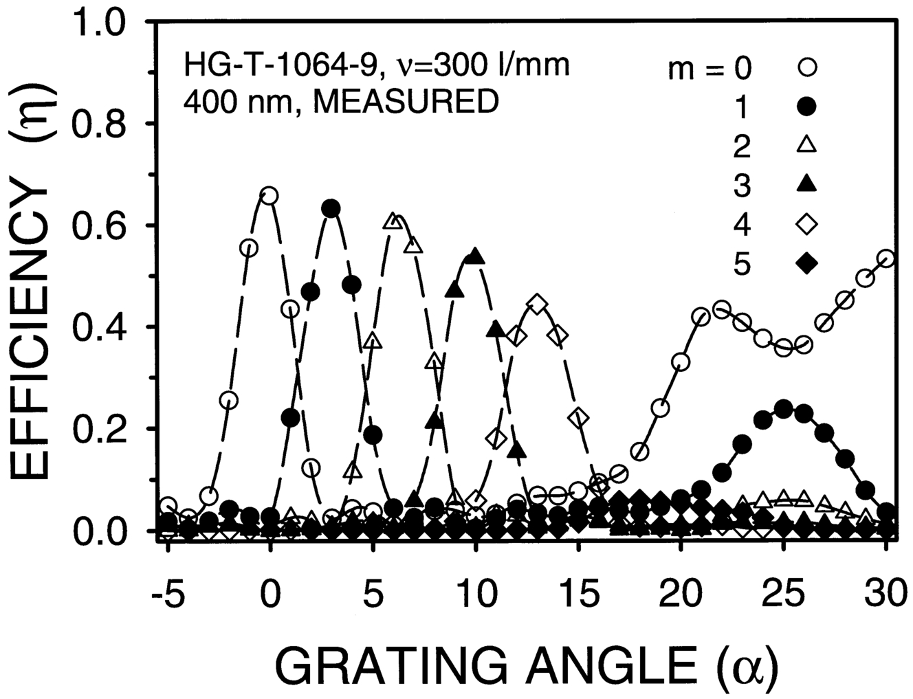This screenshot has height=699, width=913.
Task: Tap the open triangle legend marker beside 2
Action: tap(808, 145)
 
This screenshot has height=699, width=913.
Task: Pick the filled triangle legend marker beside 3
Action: tap(808, 184)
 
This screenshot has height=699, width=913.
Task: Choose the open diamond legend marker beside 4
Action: tap(808, 223)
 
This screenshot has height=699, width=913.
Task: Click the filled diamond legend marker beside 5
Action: tap(808, 263)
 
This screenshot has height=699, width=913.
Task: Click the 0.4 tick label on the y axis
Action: tap(100, 327)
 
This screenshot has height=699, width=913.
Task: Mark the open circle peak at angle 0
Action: tap(269, 196)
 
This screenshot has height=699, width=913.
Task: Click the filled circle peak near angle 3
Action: tap(331, 208)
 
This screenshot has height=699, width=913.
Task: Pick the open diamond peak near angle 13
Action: tap(538, 304)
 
